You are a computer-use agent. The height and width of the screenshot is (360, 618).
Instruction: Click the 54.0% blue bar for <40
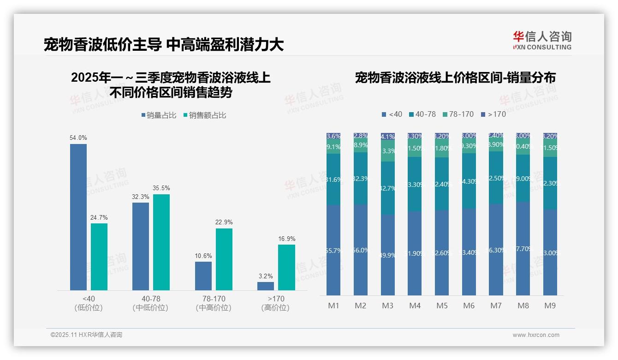click(78, 217)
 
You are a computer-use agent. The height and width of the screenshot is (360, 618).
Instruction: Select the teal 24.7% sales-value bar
click(99, 257)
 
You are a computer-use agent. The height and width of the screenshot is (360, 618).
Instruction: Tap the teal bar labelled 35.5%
click(161, 242)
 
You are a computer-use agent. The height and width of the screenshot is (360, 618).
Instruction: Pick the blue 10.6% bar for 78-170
click(203, 276)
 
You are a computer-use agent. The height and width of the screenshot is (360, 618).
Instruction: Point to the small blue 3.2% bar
click(266, 286)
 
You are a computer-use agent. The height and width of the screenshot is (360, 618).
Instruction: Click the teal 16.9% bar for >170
click(286, 267)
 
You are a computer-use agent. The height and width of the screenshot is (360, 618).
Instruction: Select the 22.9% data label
click(224, 222)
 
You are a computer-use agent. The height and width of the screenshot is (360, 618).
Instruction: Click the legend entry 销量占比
click(159, 115)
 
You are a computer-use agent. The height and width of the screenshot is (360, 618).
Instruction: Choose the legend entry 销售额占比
click(205, 115)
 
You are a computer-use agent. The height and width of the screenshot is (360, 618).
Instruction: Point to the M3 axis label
click(388, 306)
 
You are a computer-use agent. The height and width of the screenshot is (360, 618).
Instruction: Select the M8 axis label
click(523, 306)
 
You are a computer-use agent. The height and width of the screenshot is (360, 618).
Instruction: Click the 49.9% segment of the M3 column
click(388, 255)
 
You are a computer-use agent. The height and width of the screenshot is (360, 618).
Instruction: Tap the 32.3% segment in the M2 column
click(361, 178)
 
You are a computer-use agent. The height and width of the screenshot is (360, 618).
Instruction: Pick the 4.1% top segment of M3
click(388, 137)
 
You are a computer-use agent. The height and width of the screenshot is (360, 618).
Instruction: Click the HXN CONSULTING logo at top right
click(542, 41)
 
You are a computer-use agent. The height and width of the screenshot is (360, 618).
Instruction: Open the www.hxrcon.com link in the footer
click(536, 335)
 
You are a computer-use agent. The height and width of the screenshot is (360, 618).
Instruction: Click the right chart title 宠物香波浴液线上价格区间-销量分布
click(455, 78)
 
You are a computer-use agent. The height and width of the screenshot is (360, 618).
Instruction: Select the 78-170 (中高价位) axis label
click(214, 303)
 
